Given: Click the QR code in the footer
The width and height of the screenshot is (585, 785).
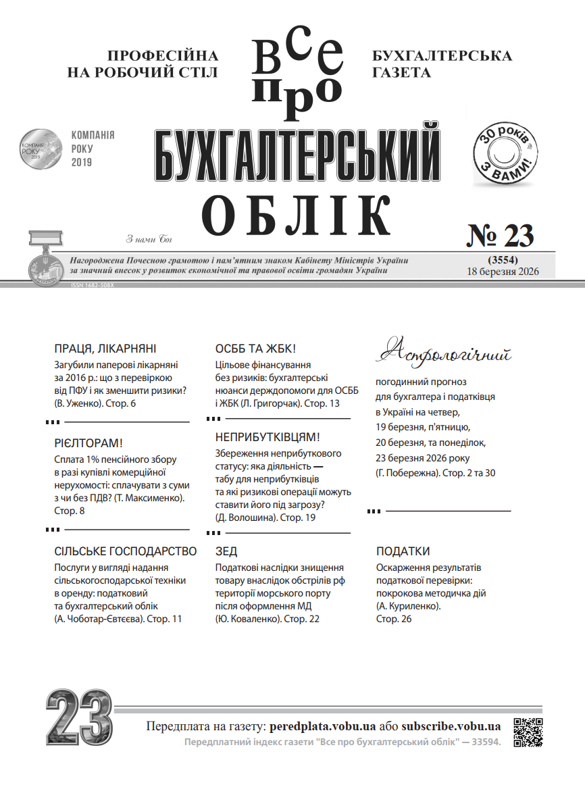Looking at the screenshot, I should [528, 732].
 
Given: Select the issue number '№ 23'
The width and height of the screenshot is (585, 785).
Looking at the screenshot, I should [501, 235].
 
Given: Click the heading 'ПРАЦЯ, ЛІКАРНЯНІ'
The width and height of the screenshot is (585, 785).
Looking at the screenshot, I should [105, 349].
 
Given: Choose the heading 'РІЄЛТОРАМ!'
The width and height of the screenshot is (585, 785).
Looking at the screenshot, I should [88, 443].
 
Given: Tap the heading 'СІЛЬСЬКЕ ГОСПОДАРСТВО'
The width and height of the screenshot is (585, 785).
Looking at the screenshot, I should [125, 551].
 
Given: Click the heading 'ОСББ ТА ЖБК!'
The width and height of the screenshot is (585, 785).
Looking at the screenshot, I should [255, 349].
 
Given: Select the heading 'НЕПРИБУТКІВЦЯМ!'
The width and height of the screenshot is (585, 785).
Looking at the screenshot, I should [267, 437].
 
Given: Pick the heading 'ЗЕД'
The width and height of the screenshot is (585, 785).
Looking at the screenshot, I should [226, 551].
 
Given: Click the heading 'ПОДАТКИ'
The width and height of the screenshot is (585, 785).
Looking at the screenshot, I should [403, 551].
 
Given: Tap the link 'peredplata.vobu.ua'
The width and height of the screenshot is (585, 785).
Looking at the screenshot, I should [322, 727].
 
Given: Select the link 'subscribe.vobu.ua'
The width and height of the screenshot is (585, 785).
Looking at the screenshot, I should [451, 727].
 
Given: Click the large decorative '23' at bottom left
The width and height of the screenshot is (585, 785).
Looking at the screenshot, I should [78, 719].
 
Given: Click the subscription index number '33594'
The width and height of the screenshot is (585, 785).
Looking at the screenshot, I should [486, 742].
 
